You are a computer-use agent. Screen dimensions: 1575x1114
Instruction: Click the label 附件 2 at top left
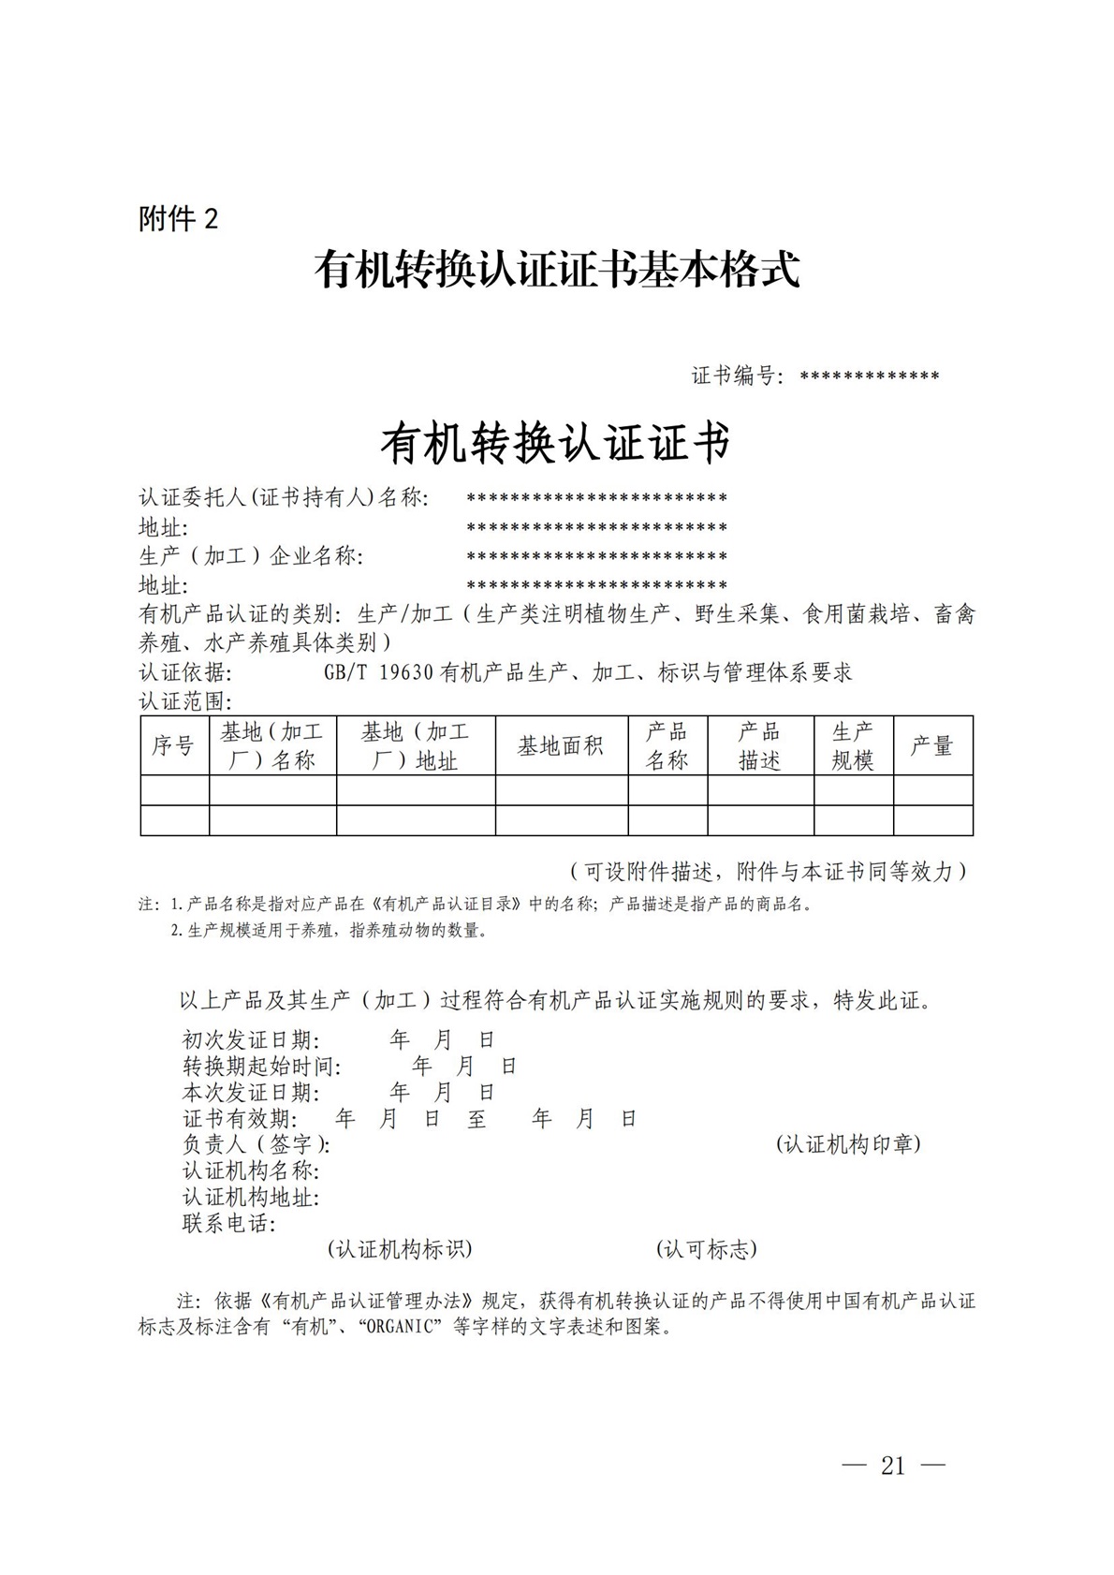click(x=178, y=219)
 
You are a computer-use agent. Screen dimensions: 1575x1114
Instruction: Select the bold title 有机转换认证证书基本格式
click(x=557, y=270)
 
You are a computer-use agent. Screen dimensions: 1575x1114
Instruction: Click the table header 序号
click(x=173, y=746)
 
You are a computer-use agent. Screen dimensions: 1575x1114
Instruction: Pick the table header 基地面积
click(x=560, y=746)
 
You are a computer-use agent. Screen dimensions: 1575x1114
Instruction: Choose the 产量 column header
click(x=931, y=746)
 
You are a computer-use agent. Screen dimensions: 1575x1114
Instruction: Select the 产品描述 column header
click(x=759, y=746)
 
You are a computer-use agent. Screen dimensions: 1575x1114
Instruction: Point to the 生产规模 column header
click(x=852, y=746)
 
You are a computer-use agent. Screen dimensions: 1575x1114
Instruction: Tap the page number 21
click(x=893, y=1465)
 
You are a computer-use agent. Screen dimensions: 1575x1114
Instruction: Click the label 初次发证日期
click(x=250, y=1040)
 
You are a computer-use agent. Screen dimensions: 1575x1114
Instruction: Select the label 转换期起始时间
click(x=261, y=1067)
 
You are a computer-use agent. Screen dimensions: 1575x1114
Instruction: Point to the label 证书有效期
click(x=239, y=1119)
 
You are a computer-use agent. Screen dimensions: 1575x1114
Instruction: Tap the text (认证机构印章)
click(x=848, y=1144)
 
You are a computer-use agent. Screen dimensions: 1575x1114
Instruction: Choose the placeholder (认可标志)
click(x=707, y=1249)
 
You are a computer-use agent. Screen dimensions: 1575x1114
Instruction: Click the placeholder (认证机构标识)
click(x=400, y=1249)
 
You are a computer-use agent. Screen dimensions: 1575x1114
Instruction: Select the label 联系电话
click(x=228, y=1224)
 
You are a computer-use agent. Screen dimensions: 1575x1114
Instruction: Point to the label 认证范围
click(x=184, y=701)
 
